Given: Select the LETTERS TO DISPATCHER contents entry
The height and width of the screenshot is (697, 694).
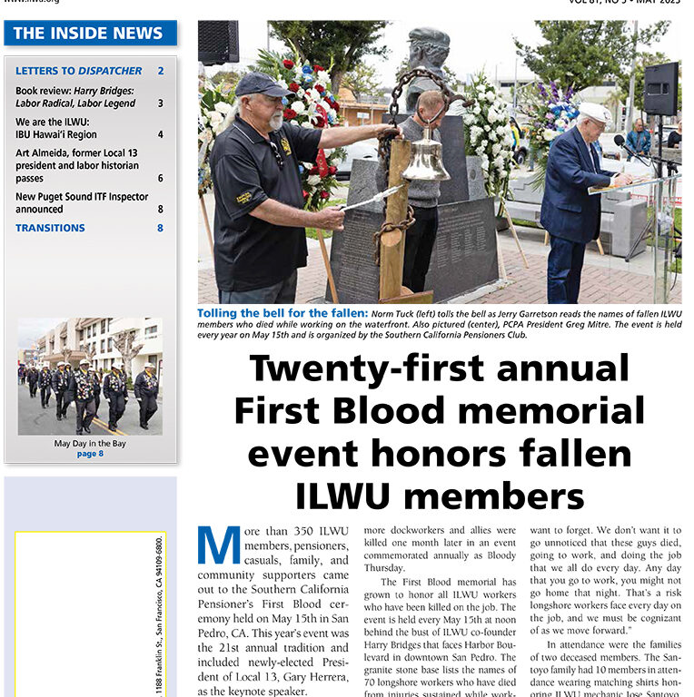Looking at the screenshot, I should pyautogui.click(x=79, y=71).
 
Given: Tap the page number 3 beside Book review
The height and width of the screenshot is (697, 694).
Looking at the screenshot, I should pyautogui.click(x=161, y=103).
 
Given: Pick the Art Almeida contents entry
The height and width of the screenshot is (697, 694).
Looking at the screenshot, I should pyautogui.click(x=77, y=166).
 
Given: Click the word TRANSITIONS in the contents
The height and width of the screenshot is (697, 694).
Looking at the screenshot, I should pyautogui.click(x=50, y=228).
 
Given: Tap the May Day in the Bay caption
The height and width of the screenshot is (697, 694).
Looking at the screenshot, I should pyautogui.click(x=90, y=444).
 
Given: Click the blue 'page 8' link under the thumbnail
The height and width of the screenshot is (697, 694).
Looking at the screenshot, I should pyautogui.click(x=90, y=454).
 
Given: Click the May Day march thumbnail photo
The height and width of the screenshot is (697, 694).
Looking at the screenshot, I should pyautogui.click(x=90, y=375).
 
